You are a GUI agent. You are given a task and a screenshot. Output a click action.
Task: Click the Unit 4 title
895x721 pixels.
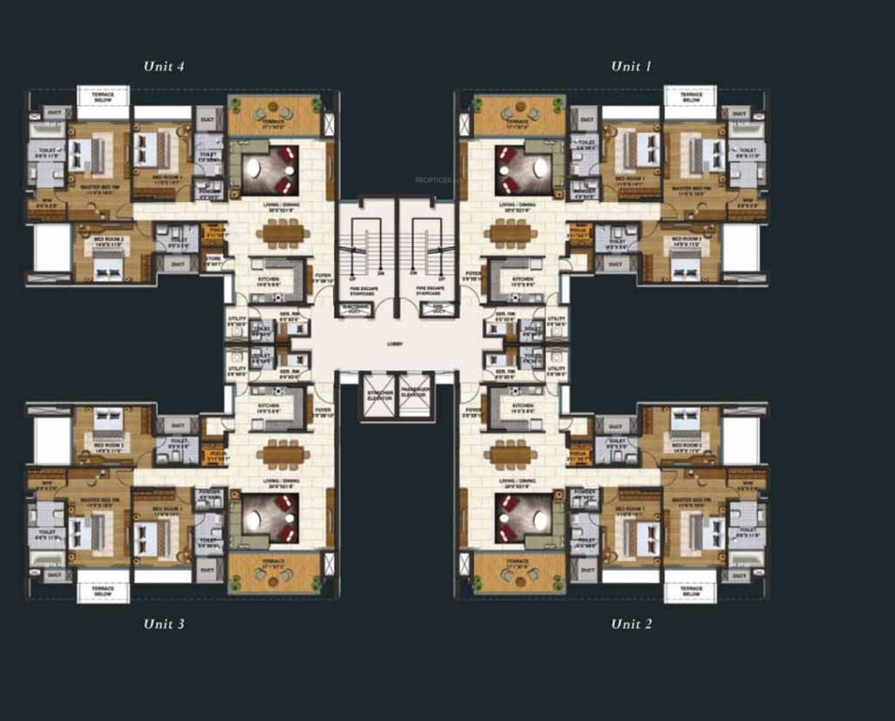tap(163, 67)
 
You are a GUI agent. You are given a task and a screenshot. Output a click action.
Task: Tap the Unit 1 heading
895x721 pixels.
tap(630, 67)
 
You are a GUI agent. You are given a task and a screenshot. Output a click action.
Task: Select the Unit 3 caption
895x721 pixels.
tap(163, 623)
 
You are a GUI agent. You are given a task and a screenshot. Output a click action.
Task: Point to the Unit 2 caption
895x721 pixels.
tap(630, 623)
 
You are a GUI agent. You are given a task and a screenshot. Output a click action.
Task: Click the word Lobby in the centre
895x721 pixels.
tap(395, 345)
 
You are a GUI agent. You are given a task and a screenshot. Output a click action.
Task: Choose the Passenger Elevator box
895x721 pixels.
tap(414, 395)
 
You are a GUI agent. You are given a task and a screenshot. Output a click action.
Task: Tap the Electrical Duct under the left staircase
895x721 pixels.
tap(354, 307)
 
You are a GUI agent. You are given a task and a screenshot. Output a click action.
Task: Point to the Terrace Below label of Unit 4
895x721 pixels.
tap(102, 99)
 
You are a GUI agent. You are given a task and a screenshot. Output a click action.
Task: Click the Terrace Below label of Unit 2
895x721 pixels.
tap(690, 591)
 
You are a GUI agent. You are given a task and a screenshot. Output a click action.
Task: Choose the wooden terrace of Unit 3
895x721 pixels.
tap(274, 570)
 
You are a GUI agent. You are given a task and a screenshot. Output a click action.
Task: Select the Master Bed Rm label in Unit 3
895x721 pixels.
tap(98, 500)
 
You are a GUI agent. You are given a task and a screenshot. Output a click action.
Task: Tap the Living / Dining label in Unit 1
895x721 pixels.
tap(519, 204)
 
